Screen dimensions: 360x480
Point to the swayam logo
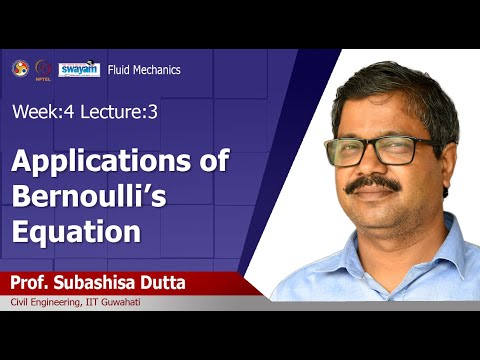tap(79, 69)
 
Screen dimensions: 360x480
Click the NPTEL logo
tap(43, 69)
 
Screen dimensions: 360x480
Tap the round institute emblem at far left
tap(20, 68)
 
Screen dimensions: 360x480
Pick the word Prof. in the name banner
tap(34, 284)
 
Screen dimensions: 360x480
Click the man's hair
tap(400, 85)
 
